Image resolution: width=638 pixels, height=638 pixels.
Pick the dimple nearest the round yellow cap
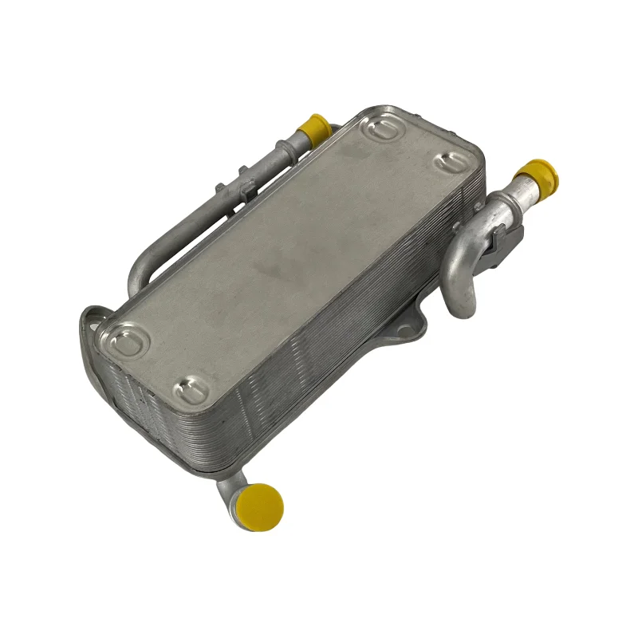point(190,392)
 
